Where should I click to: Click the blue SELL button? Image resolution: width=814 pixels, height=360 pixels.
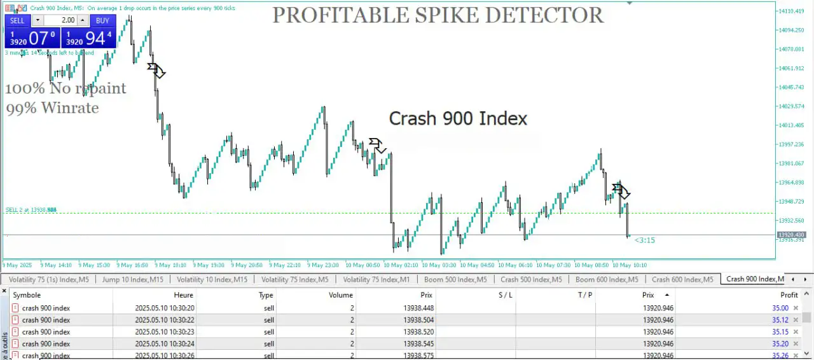pyautogui.click(x=17, y=20)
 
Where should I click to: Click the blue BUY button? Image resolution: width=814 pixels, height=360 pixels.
pyautogui.click(x=102, y=20)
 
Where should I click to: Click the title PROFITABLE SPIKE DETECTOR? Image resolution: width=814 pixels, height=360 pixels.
pyautogui.click(x=438, y=15)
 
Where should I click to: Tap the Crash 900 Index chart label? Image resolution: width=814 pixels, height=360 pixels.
pyautogui.click(x=458, y=118)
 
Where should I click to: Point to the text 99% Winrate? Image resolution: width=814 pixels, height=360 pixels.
pyautogui.click(x=53, y=108)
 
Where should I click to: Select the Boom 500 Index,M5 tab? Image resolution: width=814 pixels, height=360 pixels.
pyautogui.click(x=455, y=279)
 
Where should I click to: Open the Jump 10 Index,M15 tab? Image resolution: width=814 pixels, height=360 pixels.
pyautogui.click(x=134, y=279)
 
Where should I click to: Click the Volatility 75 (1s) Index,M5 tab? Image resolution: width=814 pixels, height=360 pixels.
pyautogui.click(x=48, y=279)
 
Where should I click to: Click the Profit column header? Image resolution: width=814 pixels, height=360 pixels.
pyautogui.click(x=789, y=295)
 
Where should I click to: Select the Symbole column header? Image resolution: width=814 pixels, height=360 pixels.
pyautogui.click(x=27, y=295)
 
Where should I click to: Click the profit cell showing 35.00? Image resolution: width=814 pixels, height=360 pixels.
pyautogui.click(x=780, y=308)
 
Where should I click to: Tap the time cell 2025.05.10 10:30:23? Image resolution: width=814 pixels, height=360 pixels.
pyautogui.click(x=165, y=332)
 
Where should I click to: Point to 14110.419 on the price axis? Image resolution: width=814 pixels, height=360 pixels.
pyautogui.click(x=791, y=11)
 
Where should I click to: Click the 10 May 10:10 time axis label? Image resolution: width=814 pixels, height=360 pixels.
pyautogui.click(x=630, y=265)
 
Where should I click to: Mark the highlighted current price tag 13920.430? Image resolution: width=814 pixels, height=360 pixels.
pyautogui.click(x=790, y=235)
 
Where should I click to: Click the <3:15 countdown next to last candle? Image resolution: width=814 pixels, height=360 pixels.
pyautogui.click(x=644, y=240)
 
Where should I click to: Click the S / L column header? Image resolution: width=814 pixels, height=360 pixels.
pyautogui.click(x=506, y=295)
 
